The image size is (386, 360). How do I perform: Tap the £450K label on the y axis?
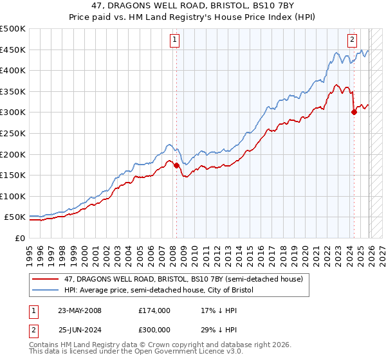(x=13, y=50)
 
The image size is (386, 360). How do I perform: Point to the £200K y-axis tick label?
(x=13, y=154)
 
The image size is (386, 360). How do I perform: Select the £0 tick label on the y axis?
(x=19, y=238)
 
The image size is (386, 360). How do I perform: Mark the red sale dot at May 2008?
(x=176, y=165)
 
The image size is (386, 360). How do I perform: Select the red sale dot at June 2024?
(x=354, y=113)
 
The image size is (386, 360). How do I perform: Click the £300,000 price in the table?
(x=154, y=330)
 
